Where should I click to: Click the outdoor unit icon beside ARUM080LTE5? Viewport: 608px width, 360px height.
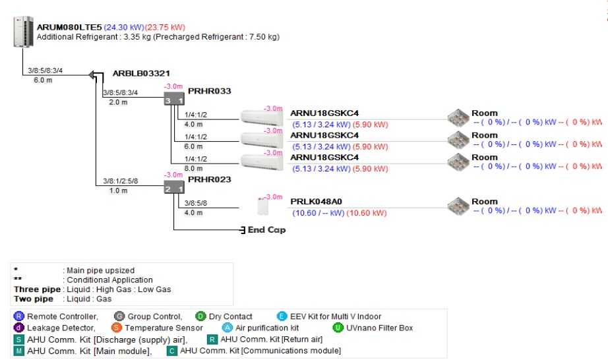[22, 32]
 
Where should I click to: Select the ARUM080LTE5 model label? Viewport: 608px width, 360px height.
[69, 28]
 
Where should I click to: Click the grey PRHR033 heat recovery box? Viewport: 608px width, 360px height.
[174, 100]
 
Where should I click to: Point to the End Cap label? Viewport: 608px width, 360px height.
[266, 230]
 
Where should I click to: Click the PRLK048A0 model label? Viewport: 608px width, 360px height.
[317, 202]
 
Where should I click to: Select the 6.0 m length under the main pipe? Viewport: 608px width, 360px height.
[44, 80]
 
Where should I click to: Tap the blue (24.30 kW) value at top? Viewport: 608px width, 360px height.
[124, 28]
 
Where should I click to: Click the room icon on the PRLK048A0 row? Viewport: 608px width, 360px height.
[458, 206]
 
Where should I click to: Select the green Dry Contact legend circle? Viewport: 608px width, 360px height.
[200, 316]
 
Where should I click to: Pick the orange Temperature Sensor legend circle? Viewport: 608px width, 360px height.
[117, 328]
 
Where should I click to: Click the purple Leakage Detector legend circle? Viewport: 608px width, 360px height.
[18, 328]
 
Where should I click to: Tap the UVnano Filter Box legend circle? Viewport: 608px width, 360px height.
[338, 328]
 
